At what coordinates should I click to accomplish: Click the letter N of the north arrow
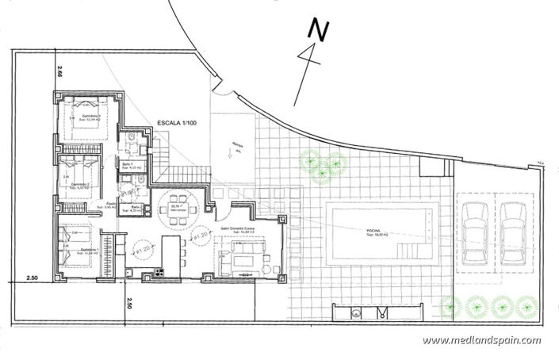click(318, 30)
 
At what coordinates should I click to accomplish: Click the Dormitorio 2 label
click(82, 184)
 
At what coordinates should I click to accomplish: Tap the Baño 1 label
click(127, 164)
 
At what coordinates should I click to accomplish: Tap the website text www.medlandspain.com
click(481, 340)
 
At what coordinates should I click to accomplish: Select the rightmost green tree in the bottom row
click(524, 306)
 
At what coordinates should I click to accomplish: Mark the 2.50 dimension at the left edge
click(33, 278)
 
